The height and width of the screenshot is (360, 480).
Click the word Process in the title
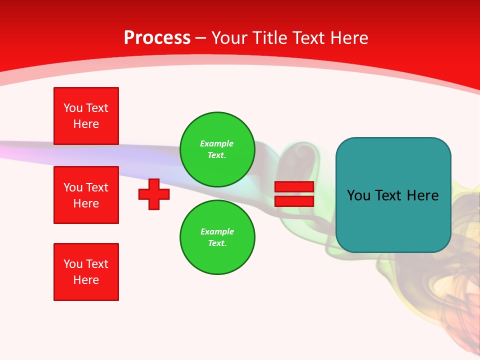(x=157, y=38)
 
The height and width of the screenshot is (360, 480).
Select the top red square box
(x=86, y=116)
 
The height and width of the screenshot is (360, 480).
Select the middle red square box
(x=86, y=195)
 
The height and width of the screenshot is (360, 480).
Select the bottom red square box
(x=86, y=272)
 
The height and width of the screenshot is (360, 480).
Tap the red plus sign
(x=154, y=194)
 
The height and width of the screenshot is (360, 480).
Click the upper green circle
(x=217, y=149)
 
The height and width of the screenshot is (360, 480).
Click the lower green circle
(x=217, y=237)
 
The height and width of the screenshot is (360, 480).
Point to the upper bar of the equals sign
(x=294, y=187)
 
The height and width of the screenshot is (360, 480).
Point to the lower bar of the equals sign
(x=294, y=201)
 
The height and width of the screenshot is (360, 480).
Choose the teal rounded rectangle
(x=393, y=220)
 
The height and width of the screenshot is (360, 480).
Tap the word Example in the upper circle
(x=216, y=143)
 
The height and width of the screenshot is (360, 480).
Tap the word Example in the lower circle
(x=217, y=231)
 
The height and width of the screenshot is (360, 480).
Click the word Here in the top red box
(x=86, y=124)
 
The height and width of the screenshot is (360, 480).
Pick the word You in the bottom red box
(x=73, y=264)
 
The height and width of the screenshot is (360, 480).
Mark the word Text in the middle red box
(x=97, y=187)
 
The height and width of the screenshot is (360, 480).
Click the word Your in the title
(x=229, y=38)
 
